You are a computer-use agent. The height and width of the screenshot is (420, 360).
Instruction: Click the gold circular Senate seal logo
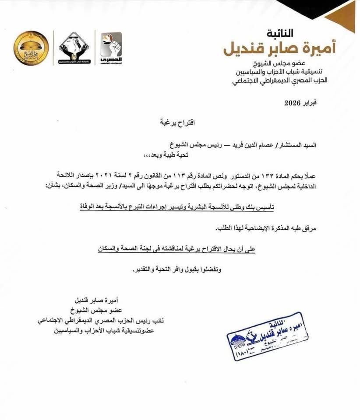pos(31,48)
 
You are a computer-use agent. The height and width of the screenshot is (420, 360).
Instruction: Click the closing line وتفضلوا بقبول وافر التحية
pos(176,269)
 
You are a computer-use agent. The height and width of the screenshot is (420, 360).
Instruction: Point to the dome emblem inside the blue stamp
pos(237,340)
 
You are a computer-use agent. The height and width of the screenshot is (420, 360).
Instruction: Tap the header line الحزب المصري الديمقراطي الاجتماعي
pos(285,81)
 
